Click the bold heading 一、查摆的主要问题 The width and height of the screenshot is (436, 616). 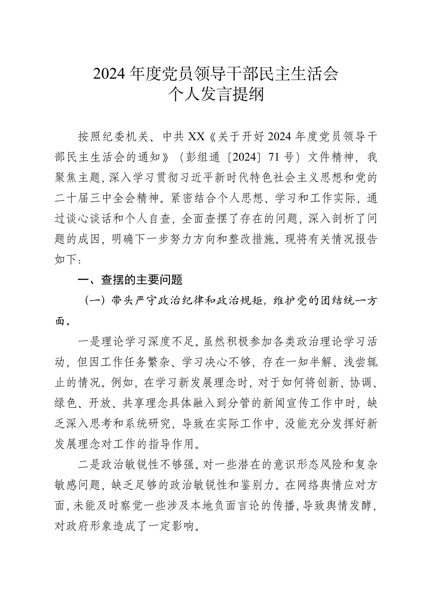[130, 280]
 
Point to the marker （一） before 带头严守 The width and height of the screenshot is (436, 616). [93, 301]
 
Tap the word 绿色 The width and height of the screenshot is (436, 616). [64, 403]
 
